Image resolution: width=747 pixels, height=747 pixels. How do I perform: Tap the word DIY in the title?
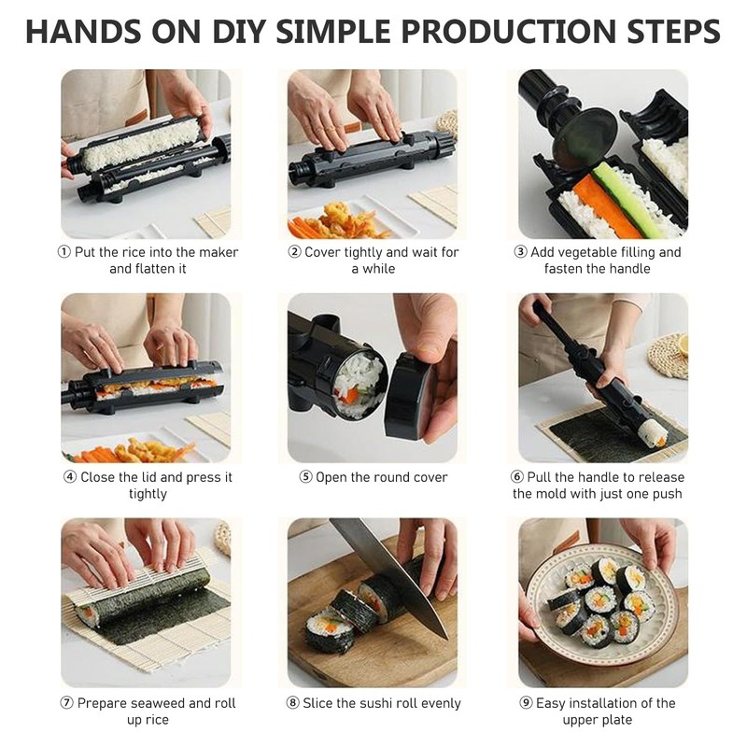(x=238, y=32)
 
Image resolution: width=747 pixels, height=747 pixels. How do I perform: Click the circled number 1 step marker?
(x=63, y=252)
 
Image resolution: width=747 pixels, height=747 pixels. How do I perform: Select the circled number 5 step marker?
(x=305, y=477)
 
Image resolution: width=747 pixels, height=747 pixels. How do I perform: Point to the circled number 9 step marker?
(x=526, y=703)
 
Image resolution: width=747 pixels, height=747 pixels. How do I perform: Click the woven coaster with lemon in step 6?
(x=669, y=355)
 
